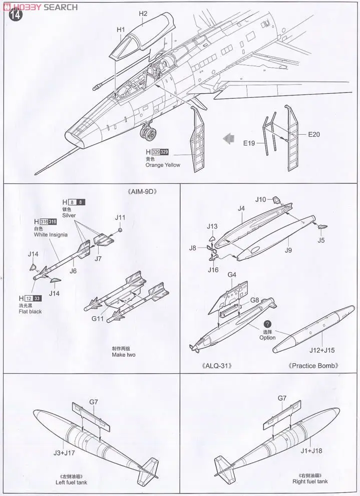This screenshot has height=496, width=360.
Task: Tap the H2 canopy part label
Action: click(143, 14)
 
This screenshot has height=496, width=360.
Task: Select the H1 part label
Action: click(121, 30)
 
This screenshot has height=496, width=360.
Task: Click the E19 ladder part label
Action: click(249, 143)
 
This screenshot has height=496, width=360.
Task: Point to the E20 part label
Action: click(314, 134)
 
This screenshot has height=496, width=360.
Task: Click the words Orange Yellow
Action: click(163, 165)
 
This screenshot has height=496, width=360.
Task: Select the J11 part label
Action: click(120, 217)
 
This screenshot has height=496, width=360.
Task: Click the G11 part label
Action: click(98, 318)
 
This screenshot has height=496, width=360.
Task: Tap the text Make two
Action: click(124, 355)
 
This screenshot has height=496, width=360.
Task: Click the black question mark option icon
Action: click(267, 325)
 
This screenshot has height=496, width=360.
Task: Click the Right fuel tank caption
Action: click(310, 481)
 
